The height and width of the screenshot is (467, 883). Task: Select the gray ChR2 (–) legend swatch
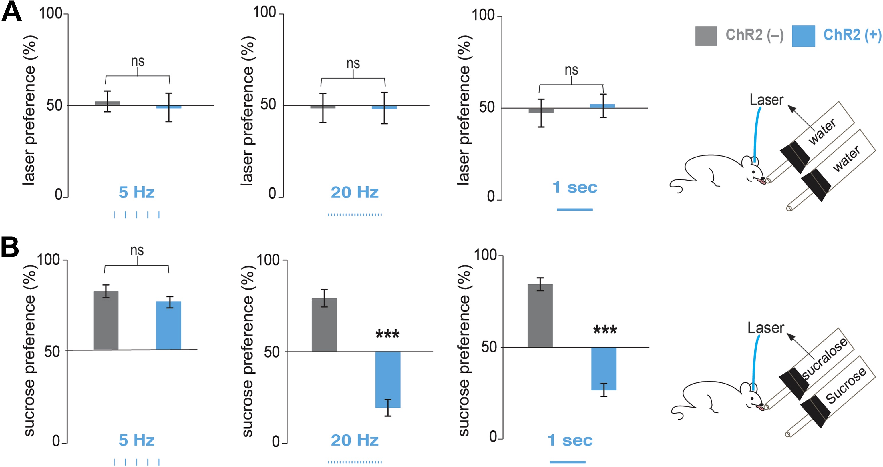coord(706,36)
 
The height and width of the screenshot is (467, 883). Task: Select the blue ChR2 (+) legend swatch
coord(803,36)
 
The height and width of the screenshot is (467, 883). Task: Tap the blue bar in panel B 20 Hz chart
coord(388,379)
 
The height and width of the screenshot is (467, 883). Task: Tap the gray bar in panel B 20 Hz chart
coord(324,325)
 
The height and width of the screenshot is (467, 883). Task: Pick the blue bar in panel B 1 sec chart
coord(604,368)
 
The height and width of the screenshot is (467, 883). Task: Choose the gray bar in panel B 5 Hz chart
coord(106,320)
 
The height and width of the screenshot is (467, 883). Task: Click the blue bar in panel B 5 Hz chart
coord(169,326)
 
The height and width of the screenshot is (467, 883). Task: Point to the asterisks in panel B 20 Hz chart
coord(387,334)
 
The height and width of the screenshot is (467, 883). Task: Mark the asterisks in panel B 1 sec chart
coord(605,330)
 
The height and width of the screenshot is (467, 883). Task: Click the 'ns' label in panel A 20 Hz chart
coord(353,64)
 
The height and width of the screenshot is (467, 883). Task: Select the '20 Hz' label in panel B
coord(355,440)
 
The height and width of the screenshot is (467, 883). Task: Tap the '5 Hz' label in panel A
coord(136,192)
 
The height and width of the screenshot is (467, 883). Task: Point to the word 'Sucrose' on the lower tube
coord(846,386)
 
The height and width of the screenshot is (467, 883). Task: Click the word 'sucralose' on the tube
coord(825,358)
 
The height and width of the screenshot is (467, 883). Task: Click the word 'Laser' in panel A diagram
coord(766,100)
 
